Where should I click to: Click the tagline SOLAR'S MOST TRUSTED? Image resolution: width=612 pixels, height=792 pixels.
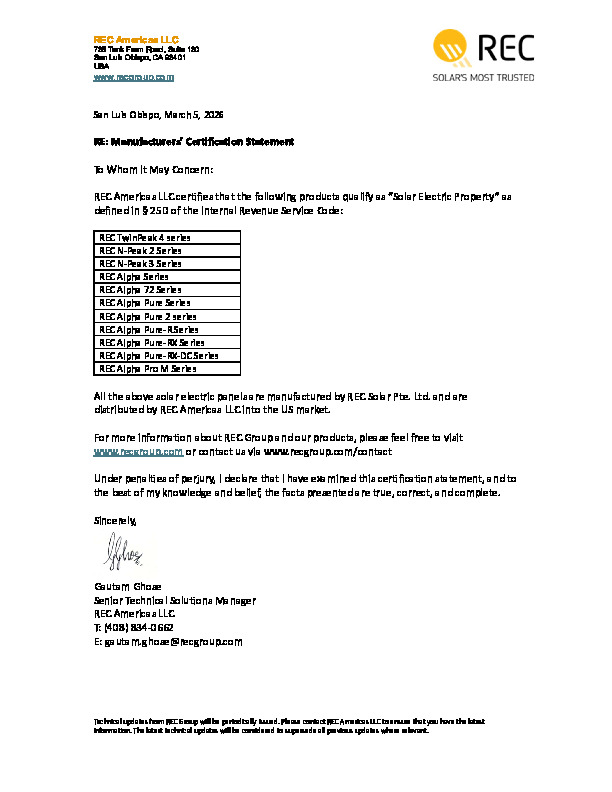tap(483, 77)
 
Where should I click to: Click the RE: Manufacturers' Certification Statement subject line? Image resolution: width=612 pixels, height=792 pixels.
tap(194, 142)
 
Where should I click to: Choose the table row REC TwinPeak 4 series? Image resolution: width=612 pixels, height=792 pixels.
tap(145, 238)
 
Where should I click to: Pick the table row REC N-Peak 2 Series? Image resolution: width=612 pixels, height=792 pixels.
tap(140, 251)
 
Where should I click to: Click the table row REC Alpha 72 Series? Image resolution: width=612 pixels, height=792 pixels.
tap(140, 290)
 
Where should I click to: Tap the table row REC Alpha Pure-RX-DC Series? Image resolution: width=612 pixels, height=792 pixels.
tap(158, 355)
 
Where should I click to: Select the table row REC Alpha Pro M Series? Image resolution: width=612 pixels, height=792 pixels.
tap(147, 368)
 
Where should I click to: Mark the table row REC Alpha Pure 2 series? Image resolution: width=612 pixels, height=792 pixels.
tap(147, 316)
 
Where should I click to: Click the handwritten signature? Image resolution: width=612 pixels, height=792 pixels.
tap(123, 549)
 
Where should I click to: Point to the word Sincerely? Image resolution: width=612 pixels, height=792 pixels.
tap(115, 521)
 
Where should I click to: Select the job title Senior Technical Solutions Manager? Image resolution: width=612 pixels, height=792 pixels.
tap(175, 600)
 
